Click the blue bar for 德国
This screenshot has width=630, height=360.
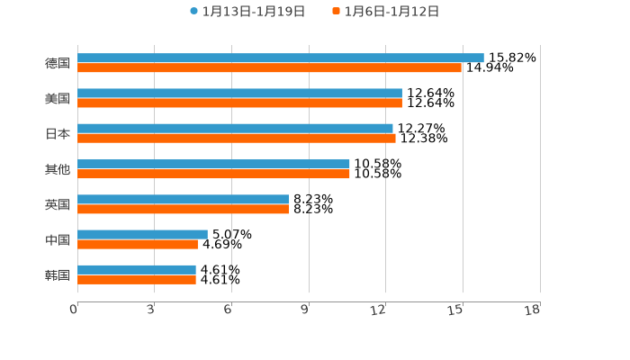281,58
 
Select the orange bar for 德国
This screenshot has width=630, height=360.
270,68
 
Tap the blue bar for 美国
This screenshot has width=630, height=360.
239,94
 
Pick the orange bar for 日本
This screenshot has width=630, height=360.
237,139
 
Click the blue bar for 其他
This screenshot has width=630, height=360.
213,164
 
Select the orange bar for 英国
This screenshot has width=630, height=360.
184,209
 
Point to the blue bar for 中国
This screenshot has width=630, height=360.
142,234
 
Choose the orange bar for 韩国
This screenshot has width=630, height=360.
137,280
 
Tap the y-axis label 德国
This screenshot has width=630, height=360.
58,63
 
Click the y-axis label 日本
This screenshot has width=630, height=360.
58,134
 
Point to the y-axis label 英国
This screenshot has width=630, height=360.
58,204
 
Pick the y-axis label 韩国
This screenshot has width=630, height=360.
58,274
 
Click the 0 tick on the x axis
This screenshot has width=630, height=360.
75,310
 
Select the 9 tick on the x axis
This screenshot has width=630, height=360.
306,310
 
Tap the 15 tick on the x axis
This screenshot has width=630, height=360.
456,310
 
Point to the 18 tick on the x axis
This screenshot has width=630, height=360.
533,310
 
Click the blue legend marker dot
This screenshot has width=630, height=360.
193,12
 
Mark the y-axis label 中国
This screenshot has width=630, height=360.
58,239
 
